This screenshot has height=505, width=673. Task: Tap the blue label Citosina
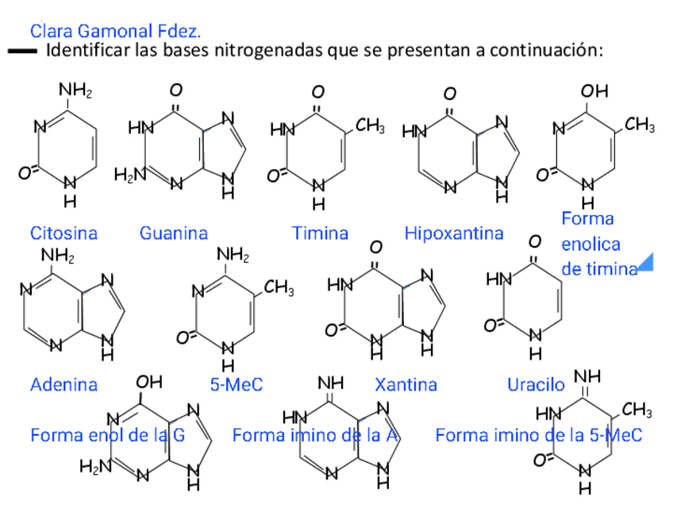pyautogui.click(x=63, y=233)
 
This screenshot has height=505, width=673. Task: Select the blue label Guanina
pyautogui.click(x=173, y=233)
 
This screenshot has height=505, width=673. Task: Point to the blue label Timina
pyautogui.click(x=320, y=233)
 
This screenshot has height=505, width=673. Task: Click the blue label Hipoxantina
pyautogui.click(x=454, y=233)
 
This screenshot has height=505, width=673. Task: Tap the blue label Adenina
pyautogui.click(x=63, y=385)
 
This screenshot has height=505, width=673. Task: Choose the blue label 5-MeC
pyautogui.click(x=236, y=385)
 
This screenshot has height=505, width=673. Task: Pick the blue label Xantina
pyautogui.click(x=406, y=385)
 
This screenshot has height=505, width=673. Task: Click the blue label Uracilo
pyautogui.click(x=536, y=385)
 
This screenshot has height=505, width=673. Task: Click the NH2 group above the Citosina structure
pyautogui.click(x=77, y=90)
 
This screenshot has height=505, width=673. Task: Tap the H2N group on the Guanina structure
pyautogui.click(x=128, y=175)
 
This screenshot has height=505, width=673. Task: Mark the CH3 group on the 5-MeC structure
pyautogui.click(x=279, y=290)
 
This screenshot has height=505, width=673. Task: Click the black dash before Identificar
pyautogui.click(x=23, y=52)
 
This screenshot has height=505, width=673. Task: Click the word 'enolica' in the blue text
pyautogui.click(x=590, y=244)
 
